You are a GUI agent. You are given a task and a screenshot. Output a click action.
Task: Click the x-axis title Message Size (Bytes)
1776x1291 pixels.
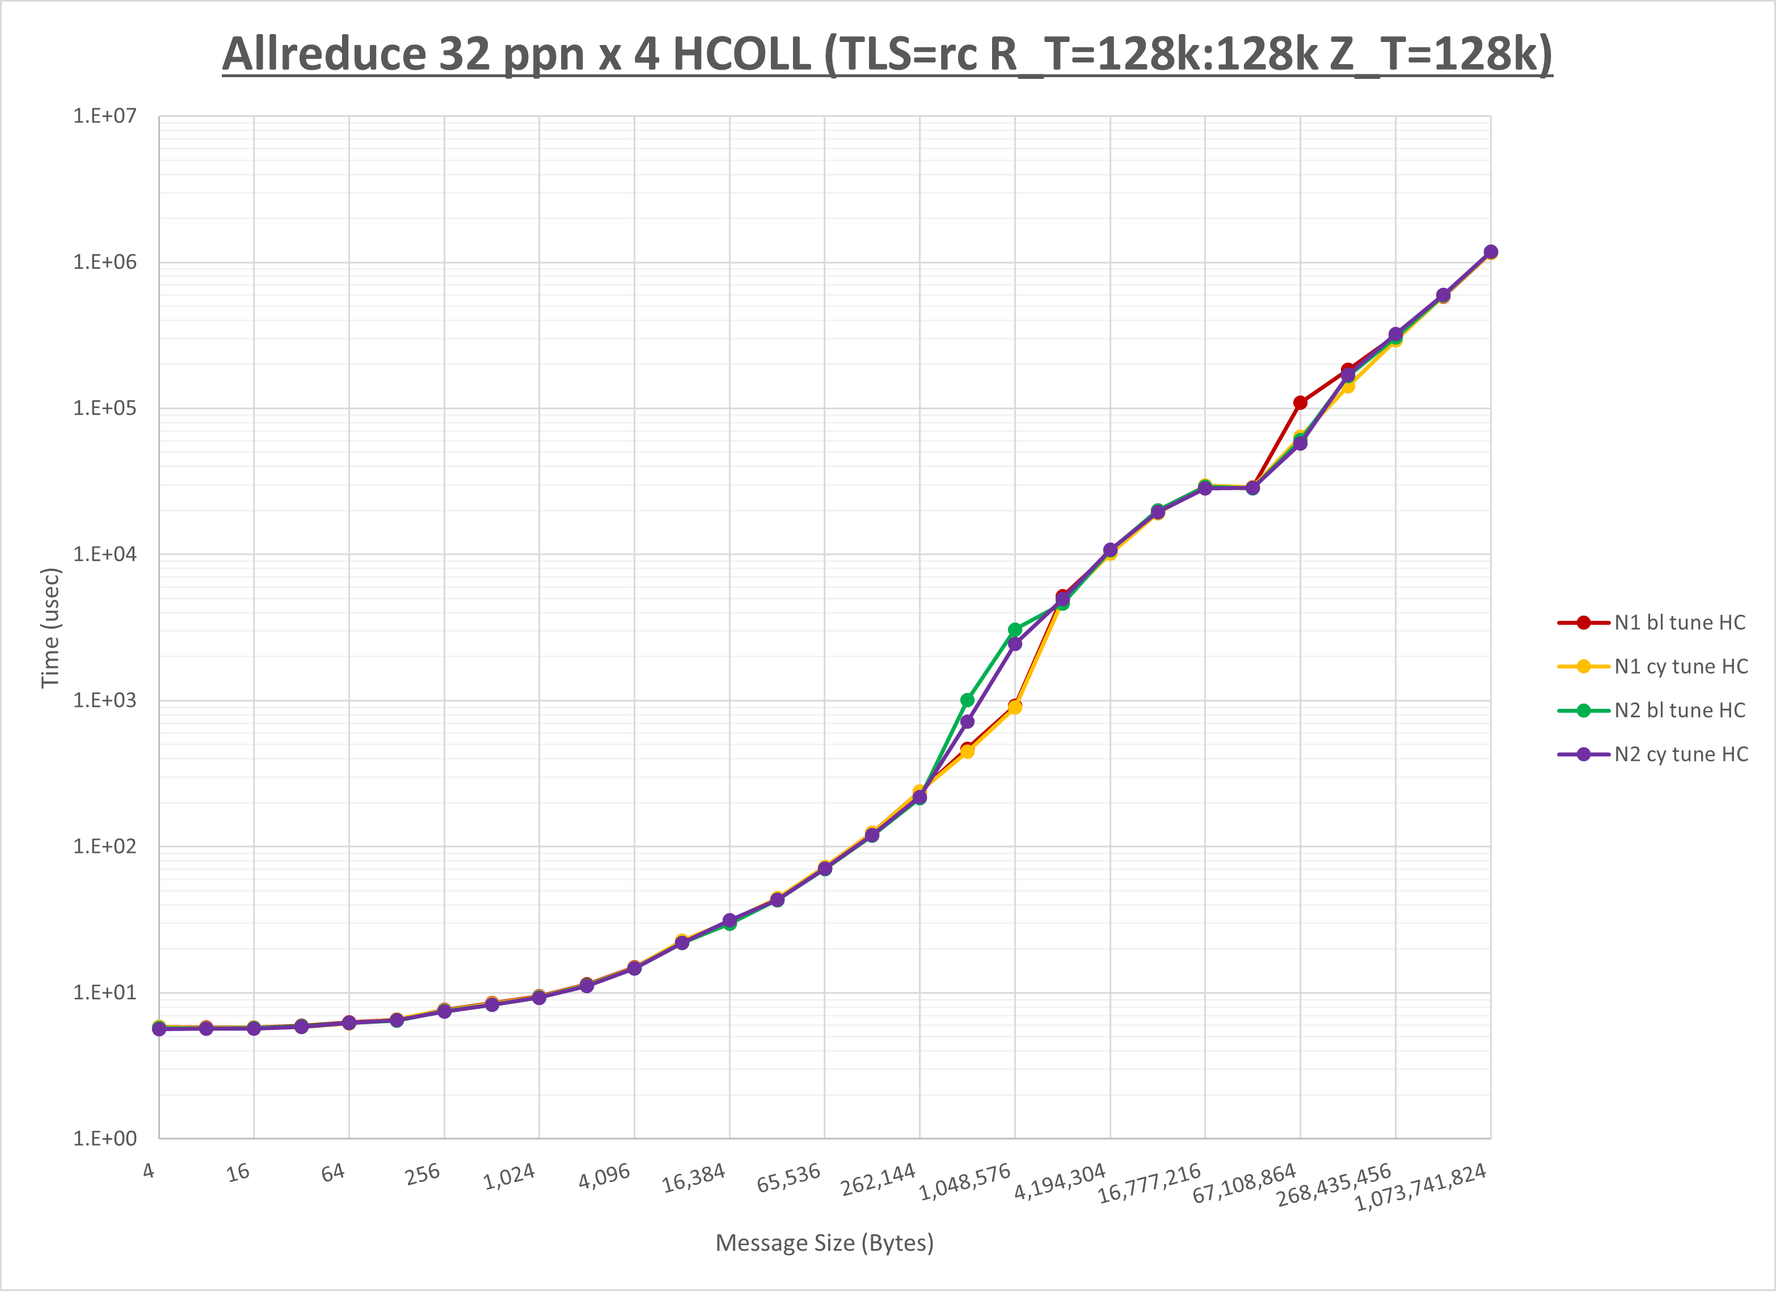[825, 1242]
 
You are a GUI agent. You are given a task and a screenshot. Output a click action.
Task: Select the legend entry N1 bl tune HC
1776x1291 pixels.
[1680, 623]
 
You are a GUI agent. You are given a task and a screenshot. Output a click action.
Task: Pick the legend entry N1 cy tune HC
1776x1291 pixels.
[1681, 667]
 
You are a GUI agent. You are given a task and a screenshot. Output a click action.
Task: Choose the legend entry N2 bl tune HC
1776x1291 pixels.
[1680, 710]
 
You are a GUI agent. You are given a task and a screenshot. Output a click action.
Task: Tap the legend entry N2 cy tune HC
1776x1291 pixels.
[1681, 754]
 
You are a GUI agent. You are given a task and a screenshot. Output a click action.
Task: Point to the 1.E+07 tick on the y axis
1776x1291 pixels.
[105, 116]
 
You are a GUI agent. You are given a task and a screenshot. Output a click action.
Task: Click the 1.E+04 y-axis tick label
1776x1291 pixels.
[105, 554]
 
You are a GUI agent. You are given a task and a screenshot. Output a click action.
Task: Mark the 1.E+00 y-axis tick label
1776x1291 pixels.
[105, 1138]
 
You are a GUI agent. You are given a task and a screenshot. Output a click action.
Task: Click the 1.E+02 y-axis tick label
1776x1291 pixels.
[105, 846]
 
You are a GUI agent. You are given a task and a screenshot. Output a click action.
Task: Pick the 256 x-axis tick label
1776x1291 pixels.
[423, 1174]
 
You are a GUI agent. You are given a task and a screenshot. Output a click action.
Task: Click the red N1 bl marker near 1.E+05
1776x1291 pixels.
[1300, 403]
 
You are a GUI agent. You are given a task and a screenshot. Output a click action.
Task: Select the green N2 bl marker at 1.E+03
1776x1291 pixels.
[967, 700]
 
